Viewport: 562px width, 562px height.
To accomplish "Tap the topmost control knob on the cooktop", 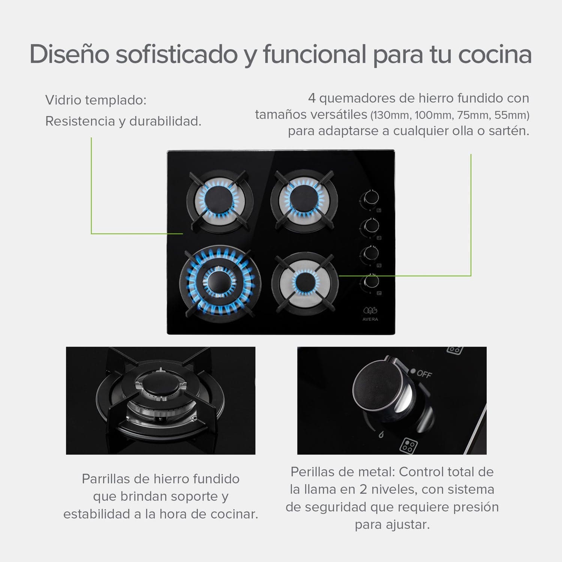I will click(370, 197).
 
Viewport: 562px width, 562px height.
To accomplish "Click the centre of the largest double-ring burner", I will click(217, 283).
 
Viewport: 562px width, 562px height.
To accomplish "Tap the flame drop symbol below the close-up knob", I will click(381, 435).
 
